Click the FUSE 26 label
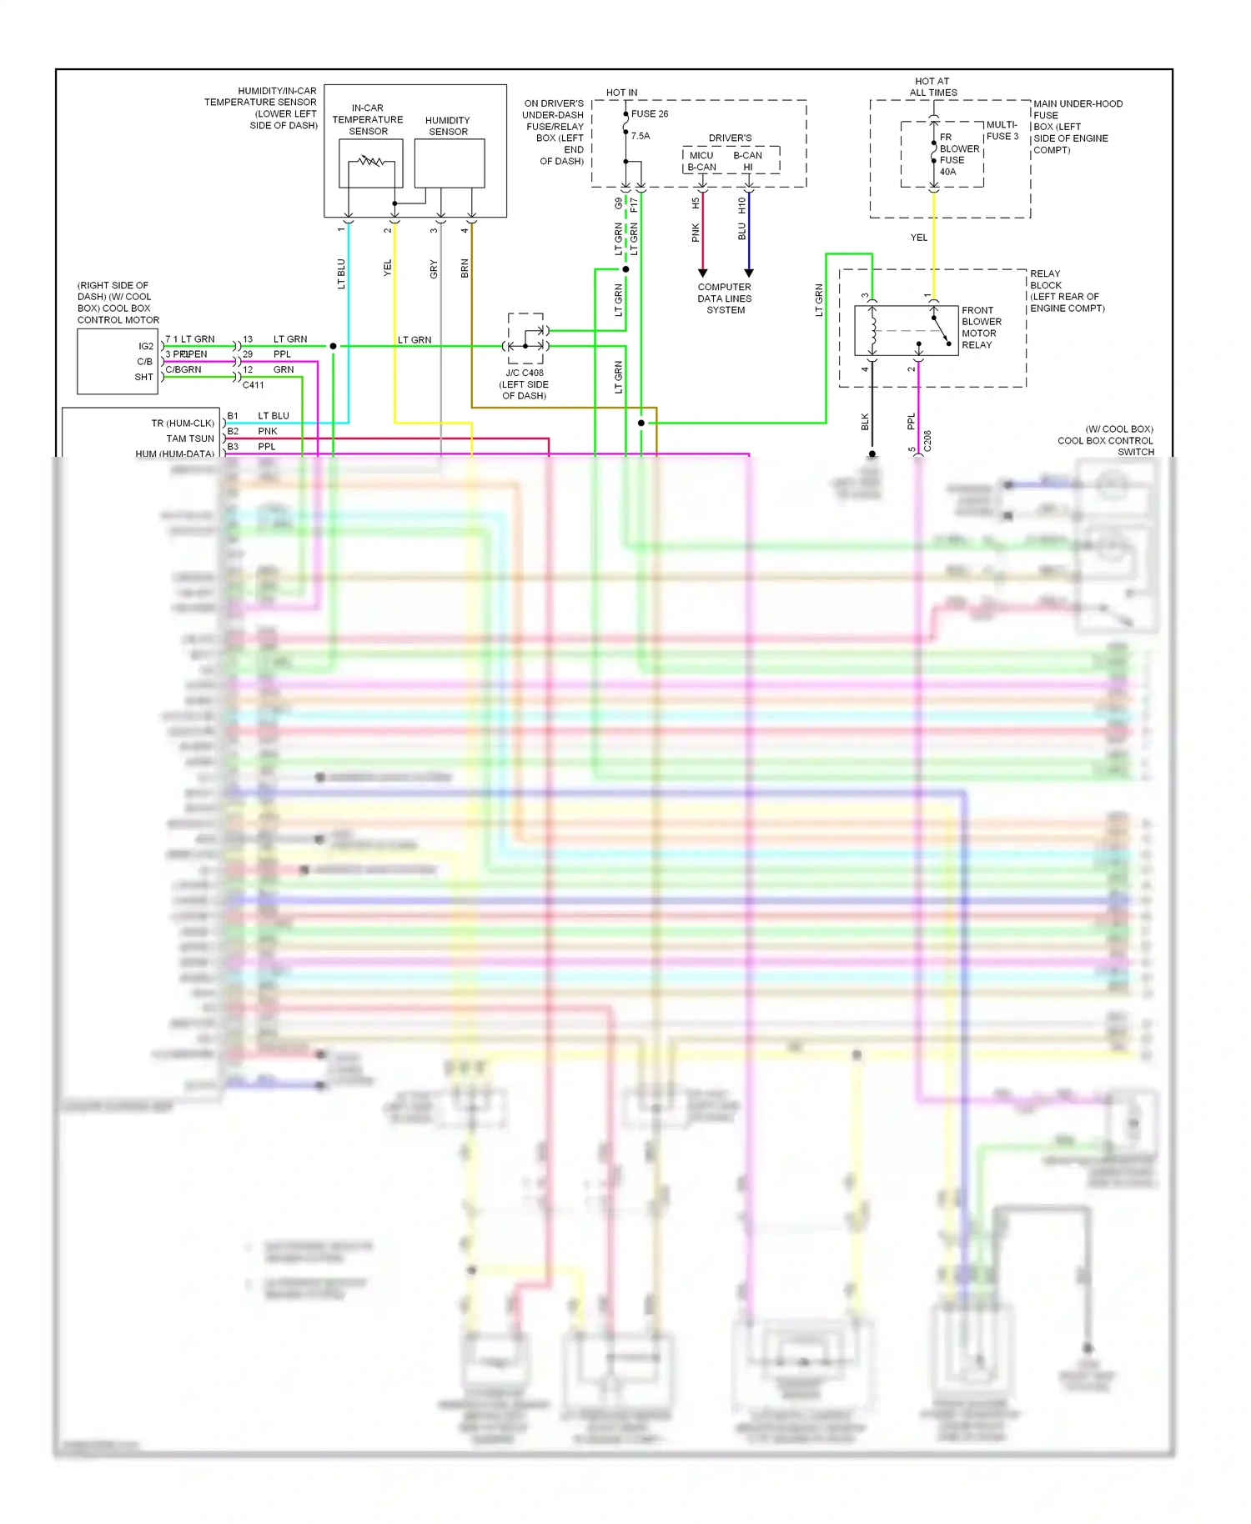tap(650, 113)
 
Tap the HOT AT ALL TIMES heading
tap(932, 87)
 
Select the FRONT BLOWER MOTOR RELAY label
tap(981, 328)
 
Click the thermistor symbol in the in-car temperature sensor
tap(370, 161)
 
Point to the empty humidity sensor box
tap(450, 163)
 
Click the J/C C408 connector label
tap(525, 373)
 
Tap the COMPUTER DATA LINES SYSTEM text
tap(725, 298)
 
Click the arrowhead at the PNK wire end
tap(702, 273)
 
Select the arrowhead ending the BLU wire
tap(749, 273)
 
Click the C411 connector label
tap(253, 385)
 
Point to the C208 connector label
tap(927, 441)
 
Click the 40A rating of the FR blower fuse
tap(947, 172)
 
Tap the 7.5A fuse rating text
tap(641, 136)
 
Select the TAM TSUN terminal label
tap(190, 439)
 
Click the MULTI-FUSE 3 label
tap(1002, 130)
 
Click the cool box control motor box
tap(117, 361)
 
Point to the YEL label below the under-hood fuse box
tap(918, 238)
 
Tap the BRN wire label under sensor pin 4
tap(465, 268)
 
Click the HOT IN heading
tap(621, 93)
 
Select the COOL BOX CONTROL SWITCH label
tap(1105, 440)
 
